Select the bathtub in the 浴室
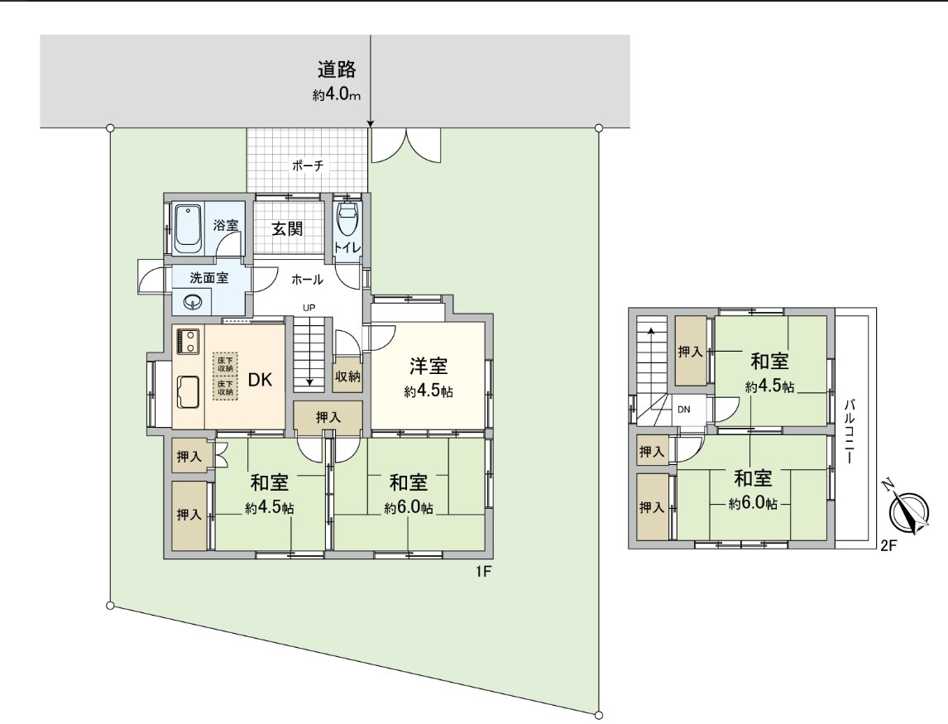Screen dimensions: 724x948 tap(189, 228)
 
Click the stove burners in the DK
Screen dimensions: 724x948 tap(186, 341)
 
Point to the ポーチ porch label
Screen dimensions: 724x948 tap(307, 165)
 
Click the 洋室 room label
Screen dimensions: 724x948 tap(429, 367)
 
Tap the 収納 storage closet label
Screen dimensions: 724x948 tap(347, 376)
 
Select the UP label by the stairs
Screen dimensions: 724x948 tap(309, 308)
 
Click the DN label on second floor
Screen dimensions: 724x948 tap(684, 409)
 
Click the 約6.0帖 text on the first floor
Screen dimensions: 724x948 tap(409, 508)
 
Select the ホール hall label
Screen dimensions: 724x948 tap(307, 280)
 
